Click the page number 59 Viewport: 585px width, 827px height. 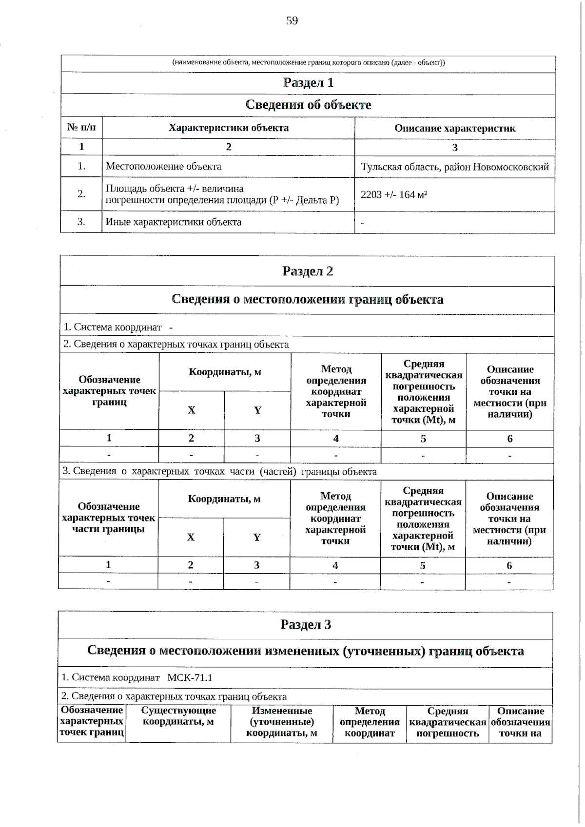(x=292, y=20)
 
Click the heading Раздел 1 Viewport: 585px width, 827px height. (x=308, y=83)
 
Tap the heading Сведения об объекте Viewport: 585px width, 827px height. (x=308, y=105)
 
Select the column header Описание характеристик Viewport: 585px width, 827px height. (x=454, y=128)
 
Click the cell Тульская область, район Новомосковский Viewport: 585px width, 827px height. (x=454, y=167)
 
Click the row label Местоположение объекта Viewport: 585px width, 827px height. (x=163, y=166)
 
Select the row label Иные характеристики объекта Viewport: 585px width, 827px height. (x=174, y=222)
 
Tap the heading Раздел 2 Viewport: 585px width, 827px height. (x=307, y=271)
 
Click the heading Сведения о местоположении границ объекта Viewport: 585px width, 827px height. (x=307, y=299)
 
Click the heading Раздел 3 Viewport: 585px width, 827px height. (x=306, y=624)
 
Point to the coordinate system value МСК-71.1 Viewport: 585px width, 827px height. (x=190, y=677)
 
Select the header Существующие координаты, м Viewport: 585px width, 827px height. (x=178, y=716)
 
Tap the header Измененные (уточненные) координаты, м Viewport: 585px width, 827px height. (x=281, y=721)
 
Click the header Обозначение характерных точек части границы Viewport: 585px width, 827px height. (x=108, y=518)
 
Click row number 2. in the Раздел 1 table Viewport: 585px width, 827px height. (x=81, y=194)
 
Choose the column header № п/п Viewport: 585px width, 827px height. (x=81, y=128)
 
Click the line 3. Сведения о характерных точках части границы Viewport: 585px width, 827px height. (x=219, y=471)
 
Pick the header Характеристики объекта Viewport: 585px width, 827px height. (x=228, y=128)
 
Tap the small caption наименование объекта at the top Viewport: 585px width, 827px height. (x=308, y=62)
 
